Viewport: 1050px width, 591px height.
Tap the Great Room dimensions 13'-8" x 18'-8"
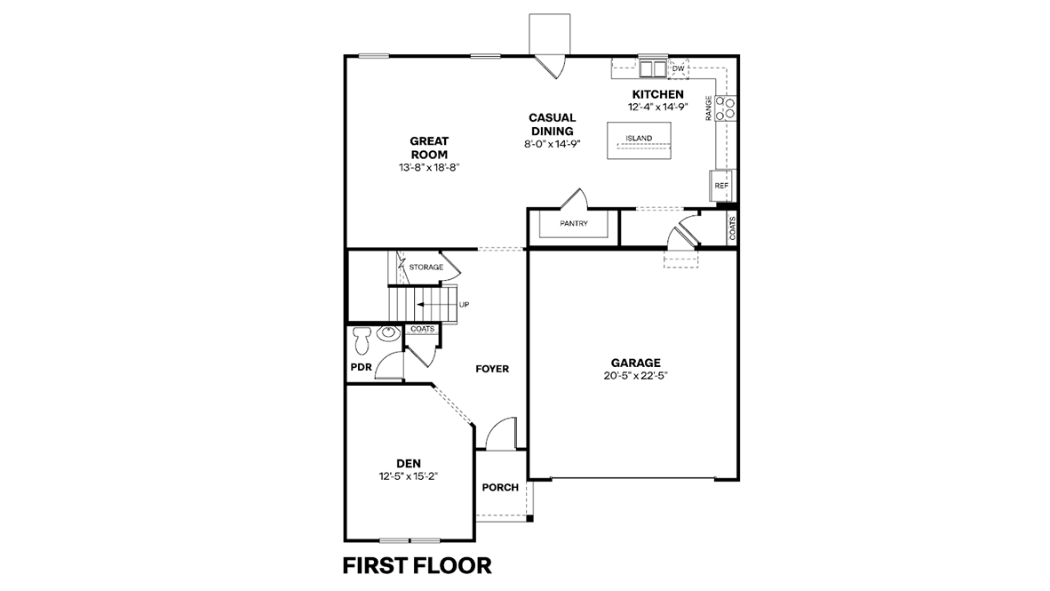[429, 167]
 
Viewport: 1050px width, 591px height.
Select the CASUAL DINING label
[552, 124]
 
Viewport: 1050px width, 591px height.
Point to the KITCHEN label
[657, 94]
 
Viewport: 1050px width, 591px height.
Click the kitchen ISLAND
[639, 140]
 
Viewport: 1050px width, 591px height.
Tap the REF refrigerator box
[721, 186]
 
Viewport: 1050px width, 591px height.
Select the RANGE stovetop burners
[727, 108]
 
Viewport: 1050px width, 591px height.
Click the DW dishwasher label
[678, 68]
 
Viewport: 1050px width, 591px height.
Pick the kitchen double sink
[653, 68]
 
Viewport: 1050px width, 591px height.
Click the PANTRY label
[574, 224]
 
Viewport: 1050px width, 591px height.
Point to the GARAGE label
[635, 363]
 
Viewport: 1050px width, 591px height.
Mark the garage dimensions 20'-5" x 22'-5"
[635, 376]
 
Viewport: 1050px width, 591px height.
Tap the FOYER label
[492, 369]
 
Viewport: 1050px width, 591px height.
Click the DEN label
[409, 463]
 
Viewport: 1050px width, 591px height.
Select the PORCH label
[500, 488]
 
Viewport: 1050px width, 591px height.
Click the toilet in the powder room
[362, 339]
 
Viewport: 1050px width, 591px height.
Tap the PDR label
[361, 366]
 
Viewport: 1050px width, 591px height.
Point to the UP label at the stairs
[464, 305]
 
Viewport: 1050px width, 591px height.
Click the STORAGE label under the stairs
[426, 267]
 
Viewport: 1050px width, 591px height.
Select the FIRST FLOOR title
[417, 565]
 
